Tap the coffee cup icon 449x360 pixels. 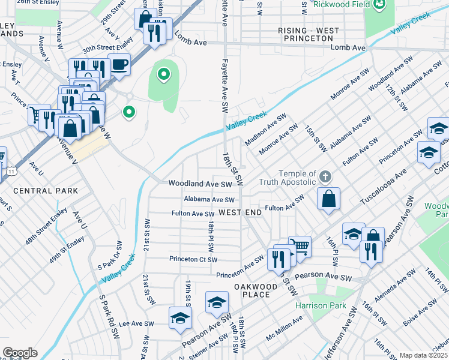[x=119, y=64]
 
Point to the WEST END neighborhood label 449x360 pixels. [x=240, y=212]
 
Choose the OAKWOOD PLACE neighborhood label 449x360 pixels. [x=256, y=290]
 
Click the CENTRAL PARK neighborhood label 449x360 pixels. [x=46, y=191]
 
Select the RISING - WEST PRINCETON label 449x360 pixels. [x=309, y=34]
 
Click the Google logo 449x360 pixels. [x=20, y=353]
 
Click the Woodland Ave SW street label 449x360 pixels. [x=200, y=184]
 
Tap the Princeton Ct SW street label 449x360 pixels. [x=193, y=259]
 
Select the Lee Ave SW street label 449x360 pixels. [x=137, y=323]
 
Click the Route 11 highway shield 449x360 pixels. [x=11, y=172]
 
